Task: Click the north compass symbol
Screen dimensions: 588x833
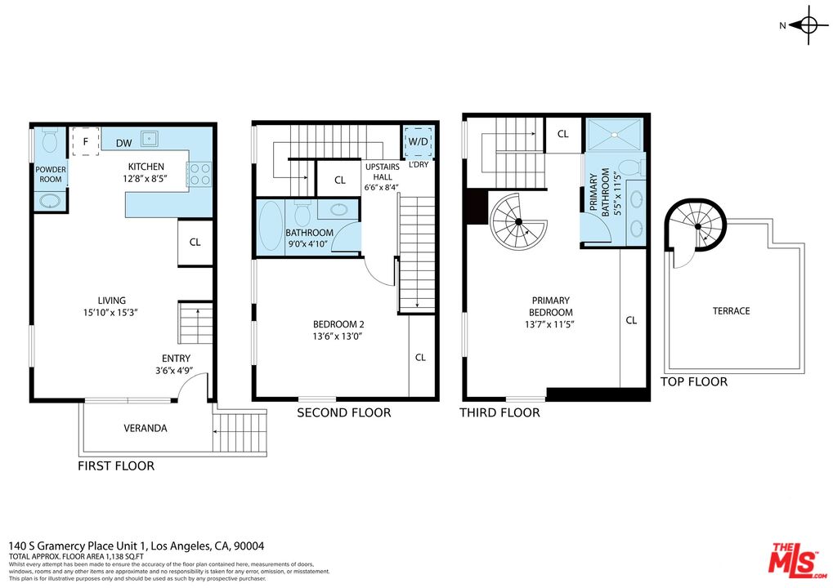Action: tap(808, 25)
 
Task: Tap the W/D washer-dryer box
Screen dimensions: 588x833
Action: tap(419, 141)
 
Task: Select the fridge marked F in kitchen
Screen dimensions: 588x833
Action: tap(84, 141)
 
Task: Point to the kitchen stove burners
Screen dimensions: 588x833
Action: tap(200, 174)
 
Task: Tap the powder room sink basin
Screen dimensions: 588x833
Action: tap(50, 200)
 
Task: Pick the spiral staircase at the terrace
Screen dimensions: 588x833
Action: tap(697, 227)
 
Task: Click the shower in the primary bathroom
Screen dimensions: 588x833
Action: tap(615, 135)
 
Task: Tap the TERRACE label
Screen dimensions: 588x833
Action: tap(730, 311)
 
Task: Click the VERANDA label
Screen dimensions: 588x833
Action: tap(146, 428)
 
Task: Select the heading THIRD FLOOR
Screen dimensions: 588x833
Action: tap(499, 412)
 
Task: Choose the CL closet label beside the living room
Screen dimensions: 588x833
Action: tap(195, 242)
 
